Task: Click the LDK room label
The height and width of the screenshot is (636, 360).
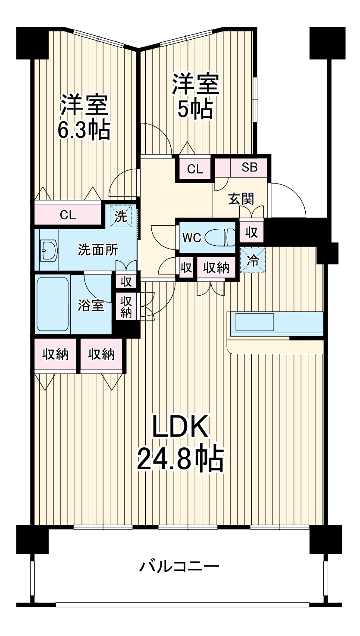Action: coord(180,428)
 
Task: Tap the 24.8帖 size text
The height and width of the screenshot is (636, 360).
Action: coord(180,459)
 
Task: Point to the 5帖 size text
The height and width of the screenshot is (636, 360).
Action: coord(195,109)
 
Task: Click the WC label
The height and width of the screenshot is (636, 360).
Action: coord(191,238)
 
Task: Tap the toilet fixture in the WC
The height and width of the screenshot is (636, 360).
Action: coord(220,237)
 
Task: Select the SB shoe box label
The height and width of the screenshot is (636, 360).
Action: coord(249,168)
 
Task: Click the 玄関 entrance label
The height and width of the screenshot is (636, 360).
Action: coord(241,199)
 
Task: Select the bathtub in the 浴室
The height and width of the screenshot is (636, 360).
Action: coord(53,303)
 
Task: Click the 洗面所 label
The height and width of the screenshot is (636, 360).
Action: coord(98,249)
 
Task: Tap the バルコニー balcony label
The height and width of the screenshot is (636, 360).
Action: coord(179,565)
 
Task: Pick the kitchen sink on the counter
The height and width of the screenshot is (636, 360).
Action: coord(254,322)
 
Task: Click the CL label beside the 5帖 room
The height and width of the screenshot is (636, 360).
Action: coord(195,169)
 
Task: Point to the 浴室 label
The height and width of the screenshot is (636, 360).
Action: coord(91,305)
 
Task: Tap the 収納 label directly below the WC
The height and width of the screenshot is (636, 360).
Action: coord(216,268)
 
